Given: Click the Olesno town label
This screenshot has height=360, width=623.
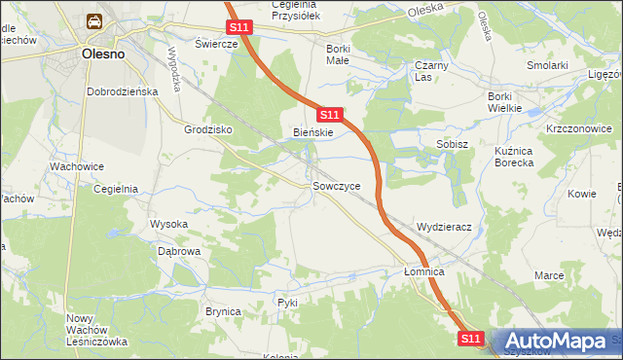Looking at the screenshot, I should click(x=102, y=54).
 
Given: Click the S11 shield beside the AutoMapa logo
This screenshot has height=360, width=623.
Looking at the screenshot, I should click(x=471, y=338).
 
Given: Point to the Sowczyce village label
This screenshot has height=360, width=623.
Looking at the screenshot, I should click(x=337, y=185).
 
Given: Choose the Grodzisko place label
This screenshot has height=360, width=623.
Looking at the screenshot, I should click(x=205, y=128).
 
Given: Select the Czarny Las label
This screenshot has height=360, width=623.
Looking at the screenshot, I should click(x=429, y=71).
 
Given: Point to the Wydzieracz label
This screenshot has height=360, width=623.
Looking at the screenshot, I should click(x=444, y=227).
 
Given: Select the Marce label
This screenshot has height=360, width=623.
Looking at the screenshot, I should click(x=549, y=275).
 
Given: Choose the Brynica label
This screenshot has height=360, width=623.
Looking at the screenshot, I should click(x=222, y=310).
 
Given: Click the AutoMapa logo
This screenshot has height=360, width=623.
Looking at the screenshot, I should click(x=557, y=341).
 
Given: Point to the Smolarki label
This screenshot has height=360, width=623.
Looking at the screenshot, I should click(x=548, y=65).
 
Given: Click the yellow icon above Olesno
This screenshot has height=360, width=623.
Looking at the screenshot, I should click(x=94, y=21).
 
